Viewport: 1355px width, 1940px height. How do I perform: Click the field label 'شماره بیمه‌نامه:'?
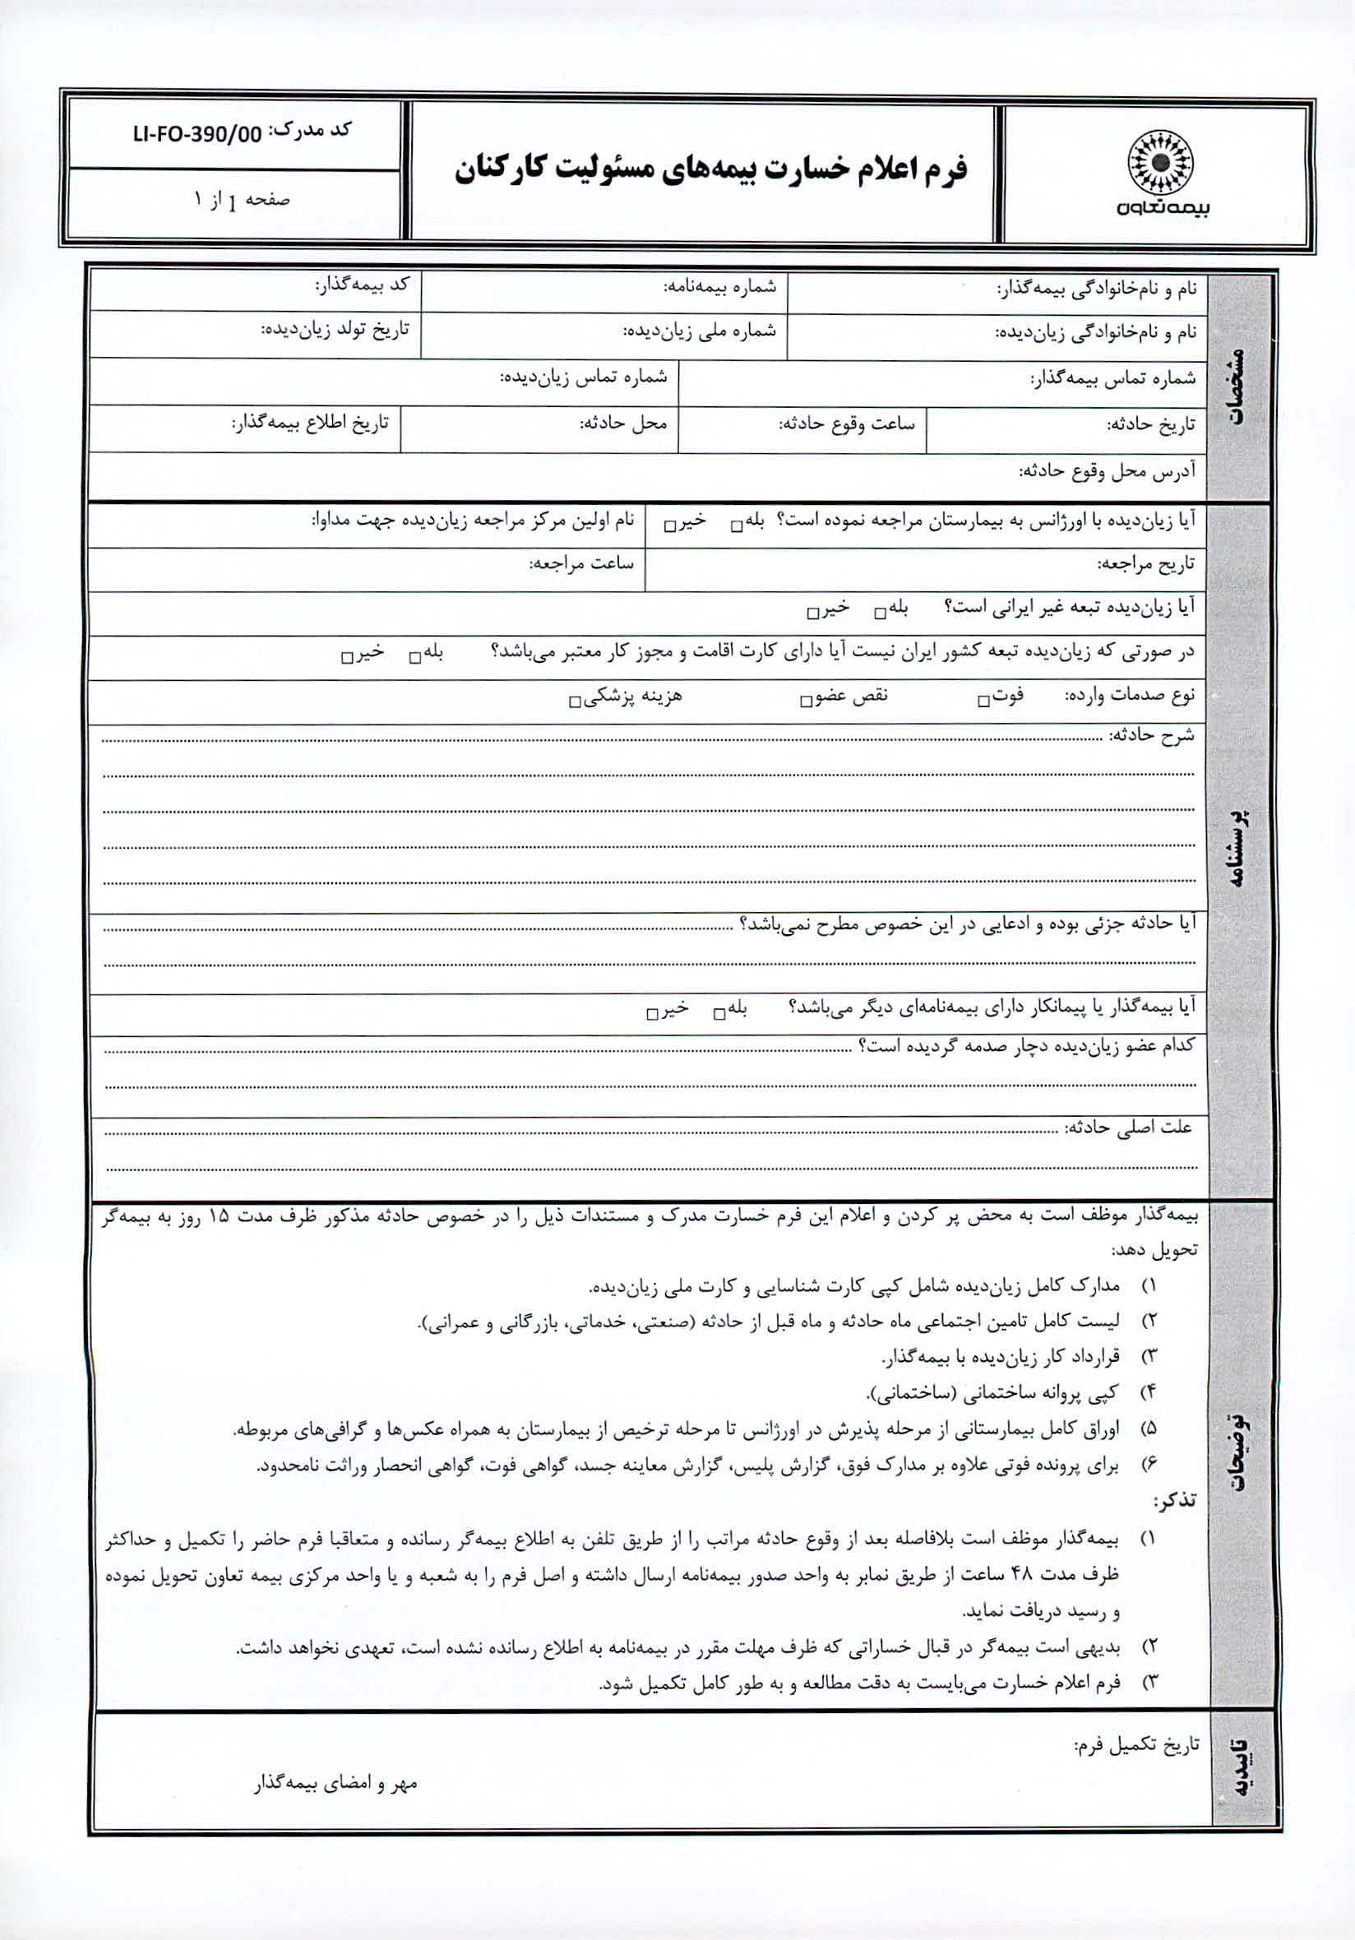click(719, 287)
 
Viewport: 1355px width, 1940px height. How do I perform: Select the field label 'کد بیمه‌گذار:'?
click(363, 285)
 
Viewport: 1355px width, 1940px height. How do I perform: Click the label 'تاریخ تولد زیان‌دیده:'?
click(335, 330)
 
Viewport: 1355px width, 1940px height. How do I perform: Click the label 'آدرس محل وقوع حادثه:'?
click(1107, 471)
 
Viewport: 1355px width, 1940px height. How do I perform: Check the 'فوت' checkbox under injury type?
click(983, 701)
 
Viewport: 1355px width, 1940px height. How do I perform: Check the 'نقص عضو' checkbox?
click(806, 701)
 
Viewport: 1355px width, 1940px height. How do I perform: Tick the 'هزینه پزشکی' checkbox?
click(575, 701)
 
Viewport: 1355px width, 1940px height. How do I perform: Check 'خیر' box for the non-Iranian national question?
click(812, 613)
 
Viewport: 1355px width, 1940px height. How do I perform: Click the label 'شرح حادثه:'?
click(1151, 735)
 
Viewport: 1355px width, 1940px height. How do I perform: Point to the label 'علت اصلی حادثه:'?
click(1128, 1128)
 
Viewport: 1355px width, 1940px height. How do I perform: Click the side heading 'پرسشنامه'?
click(1238, 850)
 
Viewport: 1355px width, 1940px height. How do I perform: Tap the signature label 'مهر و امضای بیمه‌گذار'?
click(335, 1784)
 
